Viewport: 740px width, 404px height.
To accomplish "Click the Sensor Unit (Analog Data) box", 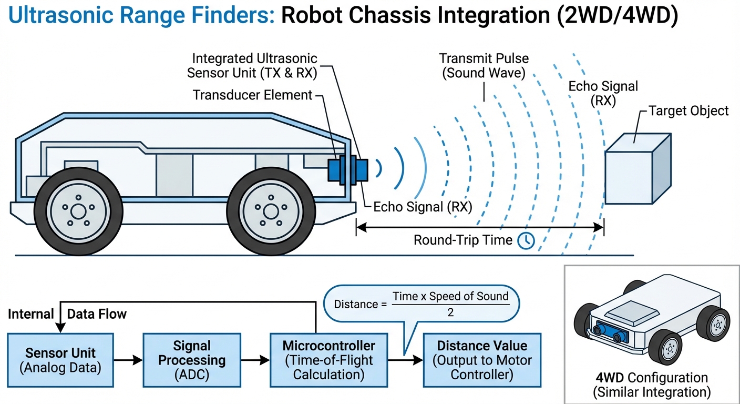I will pos(60,360).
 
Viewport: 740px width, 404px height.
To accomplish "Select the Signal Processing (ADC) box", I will pos(192,360).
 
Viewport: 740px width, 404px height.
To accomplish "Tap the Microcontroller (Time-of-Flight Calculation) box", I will pos(328,360).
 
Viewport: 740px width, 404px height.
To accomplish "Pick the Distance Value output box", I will pos(482,360).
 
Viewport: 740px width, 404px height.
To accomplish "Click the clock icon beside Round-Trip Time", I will pos(526,240).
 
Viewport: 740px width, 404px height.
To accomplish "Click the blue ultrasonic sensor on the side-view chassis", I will pos(347,170).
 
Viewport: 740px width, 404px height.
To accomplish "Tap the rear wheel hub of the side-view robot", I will pos(78,212).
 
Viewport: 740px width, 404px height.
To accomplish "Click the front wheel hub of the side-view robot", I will pos(270,212).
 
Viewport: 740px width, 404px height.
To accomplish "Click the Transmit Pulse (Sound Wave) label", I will pos(484,65).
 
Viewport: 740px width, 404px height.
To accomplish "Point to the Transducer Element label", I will pos(252,95).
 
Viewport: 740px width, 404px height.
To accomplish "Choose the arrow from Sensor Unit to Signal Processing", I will pos(128,360).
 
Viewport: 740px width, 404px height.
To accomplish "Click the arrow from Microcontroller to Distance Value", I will pos(405,360).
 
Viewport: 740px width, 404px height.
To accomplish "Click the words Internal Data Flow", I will pos(67,314).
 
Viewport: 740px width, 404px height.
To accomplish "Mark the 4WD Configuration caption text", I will pos(651,385).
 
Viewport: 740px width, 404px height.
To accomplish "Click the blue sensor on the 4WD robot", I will pos(609,330).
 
